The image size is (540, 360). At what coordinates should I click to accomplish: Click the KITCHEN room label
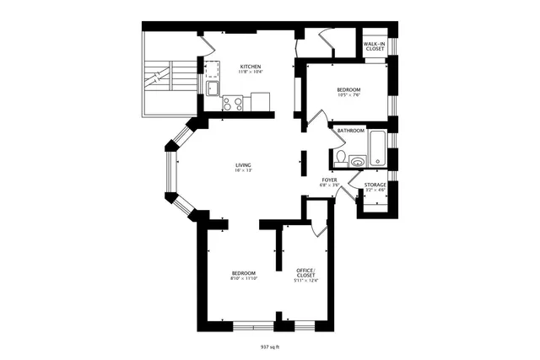coord(250,67)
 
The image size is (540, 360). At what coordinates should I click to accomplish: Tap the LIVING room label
coord(244,164)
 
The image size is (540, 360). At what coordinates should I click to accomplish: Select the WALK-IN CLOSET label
coord(375,46)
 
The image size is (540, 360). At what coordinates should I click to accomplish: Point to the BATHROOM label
coord(351,131)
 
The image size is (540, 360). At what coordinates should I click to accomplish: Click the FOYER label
coord(328,180)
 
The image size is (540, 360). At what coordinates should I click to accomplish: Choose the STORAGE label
coord(375,185)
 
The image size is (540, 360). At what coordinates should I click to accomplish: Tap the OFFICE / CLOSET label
coord(305,273)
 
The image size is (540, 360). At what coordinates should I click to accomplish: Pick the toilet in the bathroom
coord(339,158)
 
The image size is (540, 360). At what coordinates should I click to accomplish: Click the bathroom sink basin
coord(358,159)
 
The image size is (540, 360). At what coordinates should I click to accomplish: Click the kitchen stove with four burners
coord(233,104)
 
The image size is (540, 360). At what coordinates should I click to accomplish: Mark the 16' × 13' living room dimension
coord(244,170)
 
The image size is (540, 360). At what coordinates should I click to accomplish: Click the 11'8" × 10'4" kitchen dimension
coord(250,73)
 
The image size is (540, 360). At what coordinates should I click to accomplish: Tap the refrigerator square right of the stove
coord(262,103)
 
